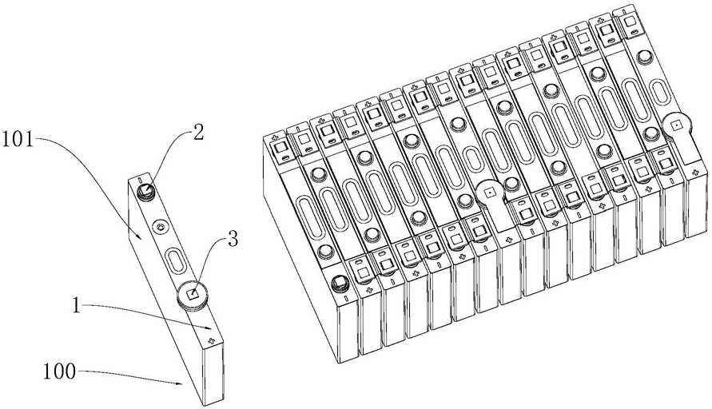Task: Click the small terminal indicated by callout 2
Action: tap(146, 190)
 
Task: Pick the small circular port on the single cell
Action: tap(161, 228)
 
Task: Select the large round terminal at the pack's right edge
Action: tap(675, 125)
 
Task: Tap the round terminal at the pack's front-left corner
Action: tap(339, 283)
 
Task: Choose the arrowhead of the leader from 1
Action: tap(210, 328)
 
